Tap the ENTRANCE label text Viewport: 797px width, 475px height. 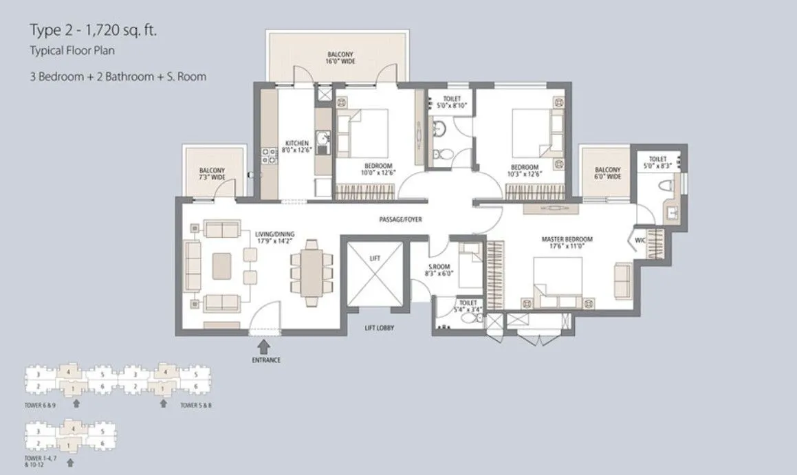pyautogui.click(x=265, y=360)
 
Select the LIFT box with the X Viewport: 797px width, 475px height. pyautogui.click(x=374, y=274)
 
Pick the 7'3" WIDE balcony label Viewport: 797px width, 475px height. pyautogui.click(x=212, y=174)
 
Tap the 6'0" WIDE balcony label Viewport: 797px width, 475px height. pyautogui.click(x=607, y=173)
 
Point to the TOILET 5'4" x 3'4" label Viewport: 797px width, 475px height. pyautogui.click(x=468, y=306)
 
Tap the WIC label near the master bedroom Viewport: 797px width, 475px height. pyautogui.click(x=639, y=241)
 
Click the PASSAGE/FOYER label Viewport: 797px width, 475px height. pyautogui.click(x=400, y=220)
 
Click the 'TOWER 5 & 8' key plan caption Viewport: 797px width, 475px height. pyautogui.click(x=196, y=406)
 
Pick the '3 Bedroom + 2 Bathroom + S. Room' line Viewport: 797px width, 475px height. pyautogui.click(x=117, y=77)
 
